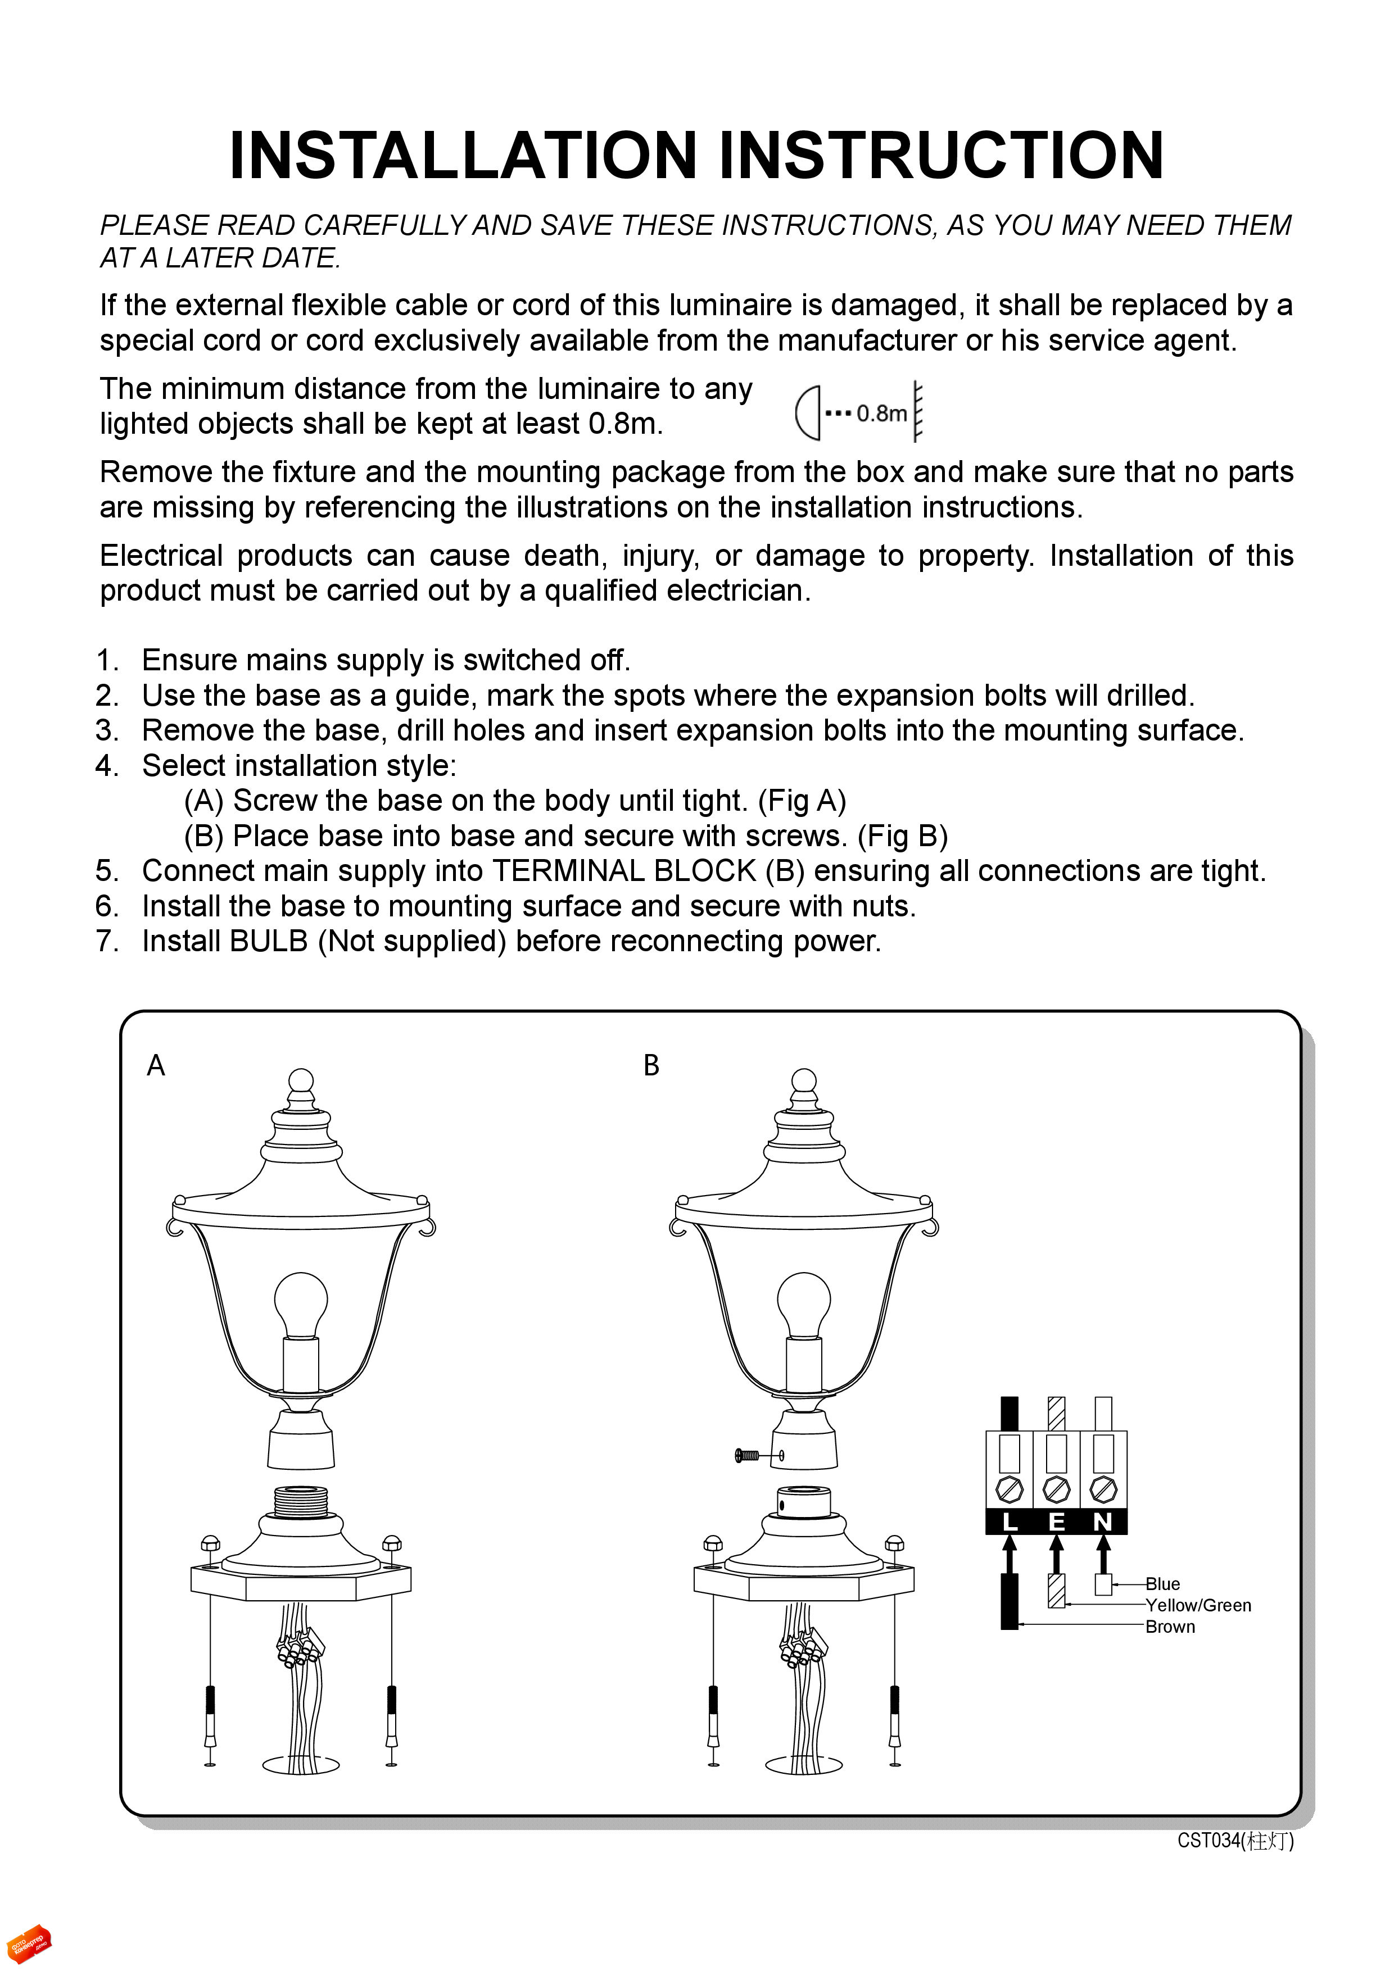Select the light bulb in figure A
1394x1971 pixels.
301,1305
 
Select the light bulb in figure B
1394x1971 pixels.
804,1305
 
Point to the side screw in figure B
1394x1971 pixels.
749,1455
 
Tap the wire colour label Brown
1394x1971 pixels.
1170,1627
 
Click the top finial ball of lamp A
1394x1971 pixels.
301,1080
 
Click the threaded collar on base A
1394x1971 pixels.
301,1501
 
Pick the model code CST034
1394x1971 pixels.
1209,1840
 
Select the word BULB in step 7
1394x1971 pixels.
268,942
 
